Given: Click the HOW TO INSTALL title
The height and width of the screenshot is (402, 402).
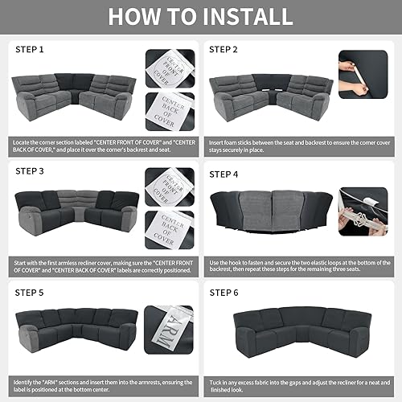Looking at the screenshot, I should click(x=201, y=16).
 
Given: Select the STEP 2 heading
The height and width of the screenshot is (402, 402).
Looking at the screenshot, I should click(x=224, y=50).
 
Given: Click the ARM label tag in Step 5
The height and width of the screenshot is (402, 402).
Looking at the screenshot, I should click(x=169, y=326).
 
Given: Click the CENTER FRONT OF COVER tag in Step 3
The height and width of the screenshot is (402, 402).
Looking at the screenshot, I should click(x=170, y=187).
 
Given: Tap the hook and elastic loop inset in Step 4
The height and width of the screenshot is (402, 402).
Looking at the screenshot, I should click(x=363, y=211).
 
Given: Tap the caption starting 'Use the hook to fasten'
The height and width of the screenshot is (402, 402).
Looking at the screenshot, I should click(x=297, y=265).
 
